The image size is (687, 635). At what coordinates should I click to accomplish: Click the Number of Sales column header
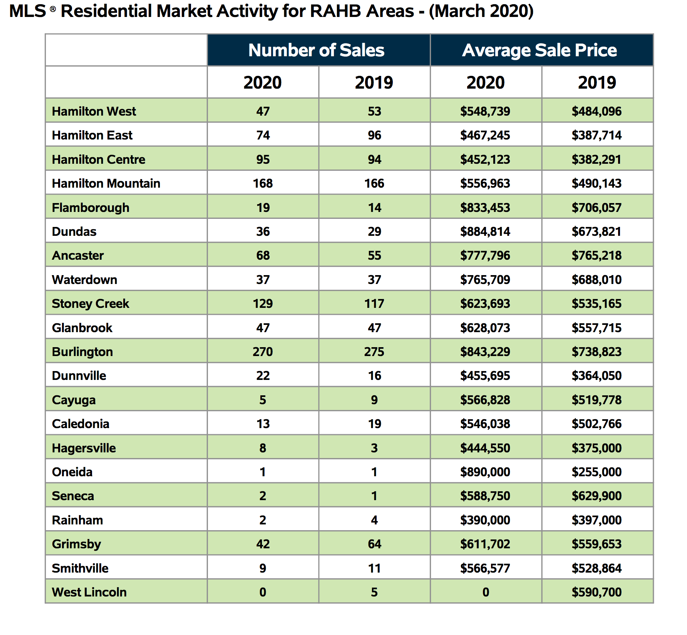tap(316, 50)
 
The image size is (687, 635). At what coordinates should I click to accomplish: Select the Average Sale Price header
tap(540, 50)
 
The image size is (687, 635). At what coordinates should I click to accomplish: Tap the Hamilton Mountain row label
tap(106, 183)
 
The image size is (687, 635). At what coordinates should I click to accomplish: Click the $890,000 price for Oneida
tap(485, 472)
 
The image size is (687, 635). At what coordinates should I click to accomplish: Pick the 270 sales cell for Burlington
tap(263, 352)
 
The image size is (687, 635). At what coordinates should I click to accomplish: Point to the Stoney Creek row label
tap(90, 304)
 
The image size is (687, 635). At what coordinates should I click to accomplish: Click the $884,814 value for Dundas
tap(485, 232)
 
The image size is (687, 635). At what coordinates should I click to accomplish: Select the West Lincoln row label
tap(89, 592)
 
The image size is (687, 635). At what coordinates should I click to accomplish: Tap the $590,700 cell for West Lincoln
tap(597, 592)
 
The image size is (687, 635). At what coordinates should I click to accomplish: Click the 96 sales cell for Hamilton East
tap(374, 135)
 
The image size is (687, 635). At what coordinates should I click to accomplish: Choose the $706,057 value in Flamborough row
tap(597, 208)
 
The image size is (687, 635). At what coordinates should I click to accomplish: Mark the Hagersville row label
tap(84, 448)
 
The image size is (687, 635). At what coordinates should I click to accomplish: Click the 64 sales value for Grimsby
tap(374, 544)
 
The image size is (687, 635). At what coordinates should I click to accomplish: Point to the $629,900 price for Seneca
tap(597, 496)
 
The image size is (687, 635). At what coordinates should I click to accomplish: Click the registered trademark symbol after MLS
tap(53, 8)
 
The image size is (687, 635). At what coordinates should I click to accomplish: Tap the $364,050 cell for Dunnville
tap(597, 376)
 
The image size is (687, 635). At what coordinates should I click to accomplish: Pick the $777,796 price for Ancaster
tap(485, 255)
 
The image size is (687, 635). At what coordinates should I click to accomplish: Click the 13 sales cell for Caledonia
tap(263, 424)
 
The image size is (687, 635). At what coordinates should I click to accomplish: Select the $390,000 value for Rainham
tap(485, 520)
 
